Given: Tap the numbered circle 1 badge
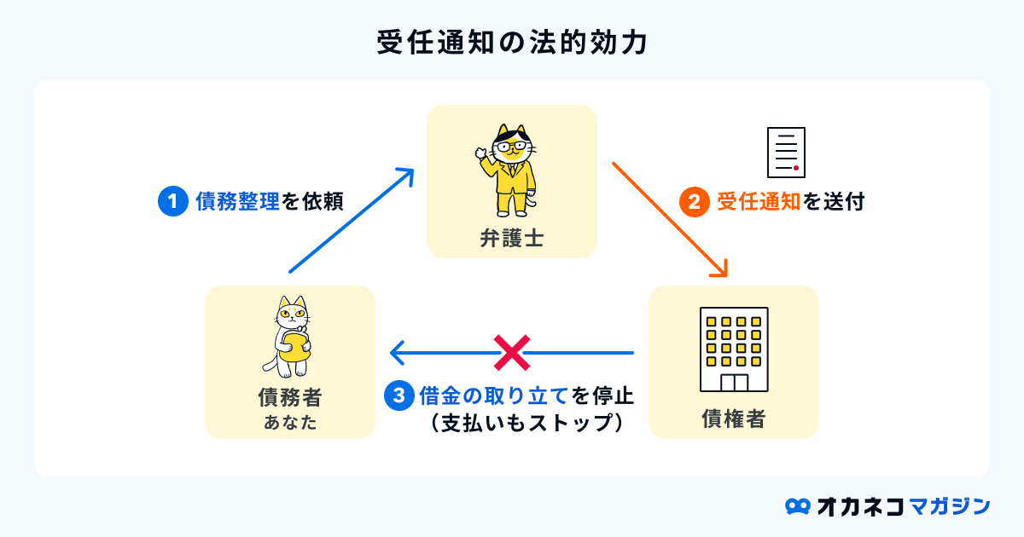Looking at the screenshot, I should (x=172, y=201).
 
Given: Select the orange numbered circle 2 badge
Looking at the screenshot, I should (x=693, y=202).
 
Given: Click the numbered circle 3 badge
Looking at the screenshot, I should (x=399, y=396).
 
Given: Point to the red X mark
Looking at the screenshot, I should (x=512, y=352).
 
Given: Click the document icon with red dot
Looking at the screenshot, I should (x=786, y=153).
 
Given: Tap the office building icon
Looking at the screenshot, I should (x=734, y=349).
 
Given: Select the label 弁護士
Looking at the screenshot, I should (x=512, y=240).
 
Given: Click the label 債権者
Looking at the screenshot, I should (x=734, y=419).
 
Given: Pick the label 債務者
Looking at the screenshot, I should (x=290, y=398).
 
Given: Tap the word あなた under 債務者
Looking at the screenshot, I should (x=290, y=421).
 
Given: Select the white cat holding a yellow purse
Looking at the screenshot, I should (x=291, y=337).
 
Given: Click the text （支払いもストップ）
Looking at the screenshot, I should (x=525, y=423).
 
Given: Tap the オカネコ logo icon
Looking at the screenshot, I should (x=797, y=505).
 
